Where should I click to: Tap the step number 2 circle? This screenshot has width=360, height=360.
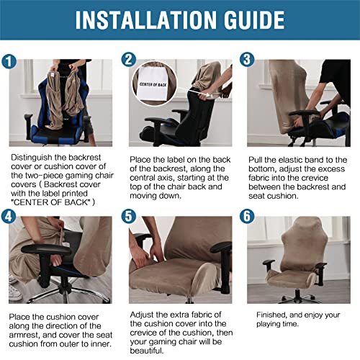tap(129, 60)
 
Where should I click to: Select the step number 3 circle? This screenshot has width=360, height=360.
tap(247, 60)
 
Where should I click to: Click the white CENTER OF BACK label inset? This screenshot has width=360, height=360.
tap(155, 89)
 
